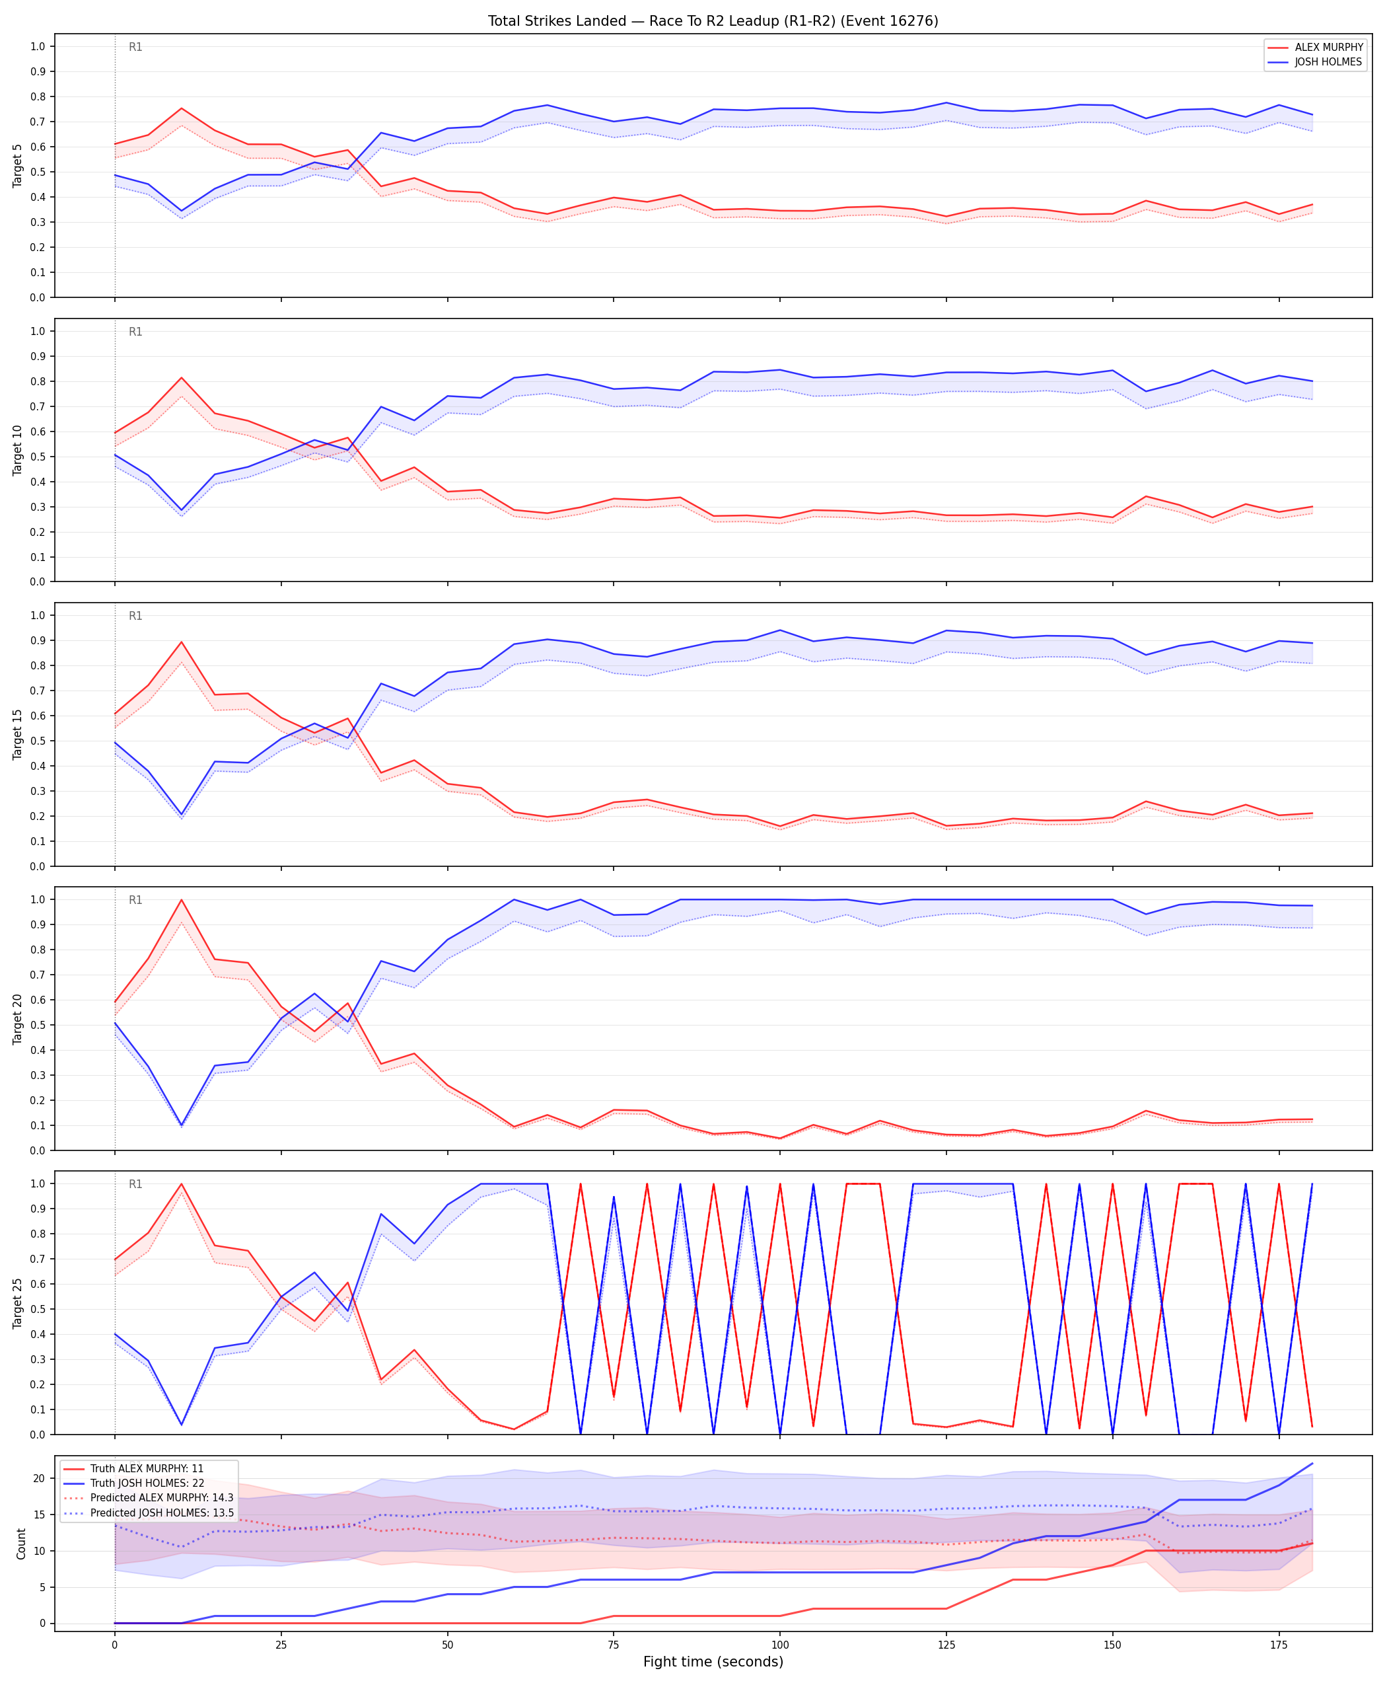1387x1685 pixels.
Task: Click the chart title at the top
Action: (x=713, y=20)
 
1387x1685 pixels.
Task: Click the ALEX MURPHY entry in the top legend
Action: (x=1329, y=47)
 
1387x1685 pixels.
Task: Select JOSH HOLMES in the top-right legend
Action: (x=1328, y=61)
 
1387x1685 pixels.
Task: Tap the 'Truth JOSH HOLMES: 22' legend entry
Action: (x=147, y=1483)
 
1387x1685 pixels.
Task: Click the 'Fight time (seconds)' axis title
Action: (x=713, y=1662)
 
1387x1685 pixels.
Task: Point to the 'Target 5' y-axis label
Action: (x=18, y=165)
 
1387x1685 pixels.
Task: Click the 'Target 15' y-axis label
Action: (x=18, y=733)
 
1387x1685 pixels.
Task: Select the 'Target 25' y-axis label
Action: (x=18, y=1303)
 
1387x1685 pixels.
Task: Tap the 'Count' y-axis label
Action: (x=20, y=1544)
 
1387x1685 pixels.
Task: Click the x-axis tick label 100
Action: (x=780, y=1644)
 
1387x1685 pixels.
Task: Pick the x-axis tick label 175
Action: (x=1279, y=1644)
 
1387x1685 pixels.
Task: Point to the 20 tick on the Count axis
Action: (x=39, y=1479)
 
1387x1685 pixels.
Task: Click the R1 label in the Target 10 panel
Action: (x=136, y=332)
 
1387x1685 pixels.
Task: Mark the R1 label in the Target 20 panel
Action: (x=136, y=900)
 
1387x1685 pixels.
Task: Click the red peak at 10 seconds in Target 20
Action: (x=182, y=900)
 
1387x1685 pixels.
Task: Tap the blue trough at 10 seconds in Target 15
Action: (x=182, y=815)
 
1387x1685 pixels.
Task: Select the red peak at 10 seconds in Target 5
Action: (x=182, y=108)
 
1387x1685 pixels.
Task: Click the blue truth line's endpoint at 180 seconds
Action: (x=1312, y=1464)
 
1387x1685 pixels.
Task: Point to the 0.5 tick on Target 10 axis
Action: (x=39, y=457)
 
